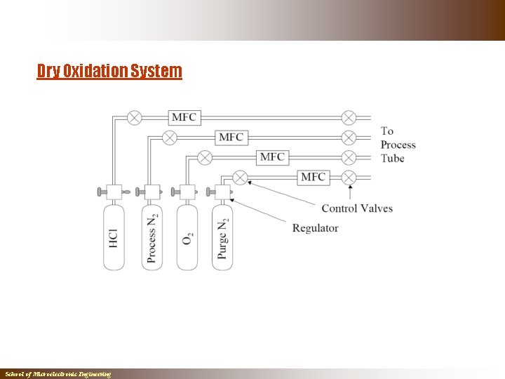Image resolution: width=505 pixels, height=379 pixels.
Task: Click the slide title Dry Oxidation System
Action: coord(109,71)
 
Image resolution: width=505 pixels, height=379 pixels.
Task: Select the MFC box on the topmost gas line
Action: coord(184,117)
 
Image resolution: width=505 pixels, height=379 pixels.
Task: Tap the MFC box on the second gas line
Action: coord(231,137)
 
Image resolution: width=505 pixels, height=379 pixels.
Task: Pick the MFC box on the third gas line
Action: coord(272,157)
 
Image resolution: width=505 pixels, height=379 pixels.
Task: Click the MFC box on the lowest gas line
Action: coord(313,177)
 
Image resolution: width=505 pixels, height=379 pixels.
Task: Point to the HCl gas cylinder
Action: coord(114,237)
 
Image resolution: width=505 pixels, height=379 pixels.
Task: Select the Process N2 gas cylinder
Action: coord(151,237)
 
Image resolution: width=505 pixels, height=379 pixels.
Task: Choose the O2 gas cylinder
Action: coord(187,237)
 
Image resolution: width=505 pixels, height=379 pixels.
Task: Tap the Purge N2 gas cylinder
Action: coord(222,237)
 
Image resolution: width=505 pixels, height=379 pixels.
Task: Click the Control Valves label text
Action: coord(357,208)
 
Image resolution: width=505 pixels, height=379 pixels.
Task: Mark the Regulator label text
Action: coord(315,228)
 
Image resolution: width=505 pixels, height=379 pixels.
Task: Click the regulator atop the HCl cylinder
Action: coord(113,191)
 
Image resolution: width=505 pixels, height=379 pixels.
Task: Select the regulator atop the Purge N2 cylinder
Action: coord(223,191)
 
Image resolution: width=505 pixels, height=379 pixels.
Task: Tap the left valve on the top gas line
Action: coord(134,117)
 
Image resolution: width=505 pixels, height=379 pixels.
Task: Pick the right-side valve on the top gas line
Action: coord(349,117)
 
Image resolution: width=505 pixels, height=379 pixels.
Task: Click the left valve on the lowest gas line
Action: coord(240,177)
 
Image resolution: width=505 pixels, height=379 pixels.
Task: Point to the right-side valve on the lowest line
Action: coord(349,177)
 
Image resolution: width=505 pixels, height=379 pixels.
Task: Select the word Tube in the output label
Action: coord(392,159)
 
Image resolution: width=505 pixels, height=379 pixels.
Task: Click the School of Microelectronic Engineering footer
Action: coord(58,375)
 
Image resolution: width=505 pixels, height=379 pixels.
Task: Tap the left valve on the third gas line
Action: coord(205,157)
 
